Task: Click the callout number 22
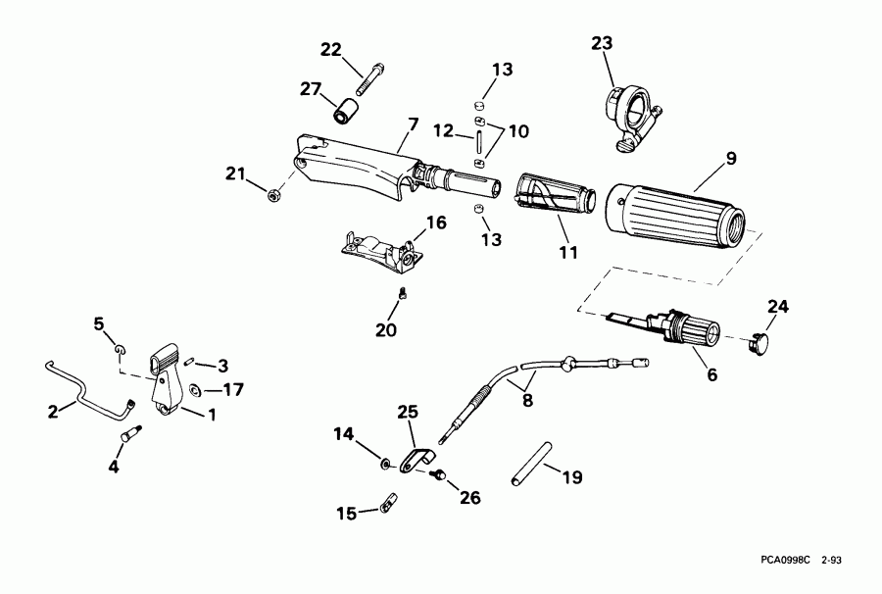click(x=332, y=50)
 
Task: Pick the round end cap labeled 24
click(x=759, y=342)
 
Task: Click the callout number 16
click(x=435, y=223)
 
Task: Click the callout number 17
click(x=233, y=390)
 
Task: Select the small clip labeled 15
click(x=387, y=507)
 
